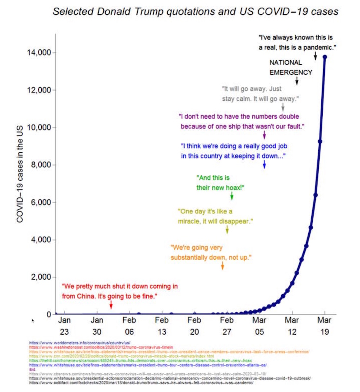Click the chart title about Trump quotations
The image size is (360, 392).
coord(195,11)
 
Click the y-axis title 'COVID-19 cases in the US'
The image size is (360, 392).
coord(20,178)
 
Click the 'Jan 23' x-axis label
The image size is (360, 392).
coord(64,326)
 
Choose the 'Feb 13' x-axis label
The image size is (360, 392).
coord(162,326)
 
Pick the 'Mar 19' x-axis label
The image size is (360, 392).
coord(324,326)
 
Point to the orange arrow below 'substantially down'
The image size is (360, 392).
coord(223,266)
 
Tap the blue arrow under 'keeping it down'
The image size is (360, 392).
coord(264,164)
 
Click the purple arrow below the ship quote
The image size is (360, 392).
coord(264,135)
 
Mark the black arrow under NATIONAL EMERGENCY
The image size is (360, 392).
coord(297,80)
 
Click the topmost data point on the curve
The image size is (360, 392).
coord(325,57)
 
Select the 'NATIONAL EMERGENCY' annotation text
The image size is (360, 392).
coord(291,68)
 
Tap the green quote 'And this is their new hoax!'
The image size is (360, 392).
coord(220,183)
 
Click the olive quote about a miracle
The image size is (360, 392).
coord(215,216)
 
